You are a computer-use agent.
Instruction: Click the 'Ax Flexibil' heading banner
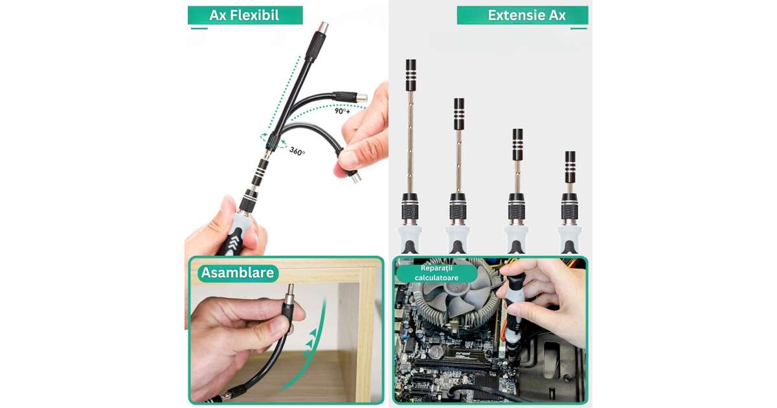[x=245, y=16]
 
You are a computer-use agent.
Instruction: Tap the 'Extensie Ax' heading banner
[x=523, y=16]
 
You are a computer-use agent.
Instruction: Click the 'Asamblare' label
[x=238, y=273]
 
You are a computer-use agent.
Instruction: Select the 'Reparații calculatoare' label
[x=436, y=273]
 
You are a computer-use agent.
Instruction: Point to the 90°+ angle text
[x=343, y=111]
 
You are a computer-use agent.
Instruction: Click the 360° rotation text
[x=297, y=152]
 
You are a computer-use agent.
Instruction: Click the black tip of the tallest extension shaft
[x=411, y=75]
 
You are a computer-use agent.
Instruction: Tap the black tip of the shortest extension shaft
[x=570, y=167]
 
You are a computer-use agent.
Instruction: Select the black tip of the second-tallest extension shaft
[x=459, y=114]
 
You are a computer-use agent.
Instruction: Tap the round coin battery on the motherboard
[x=436, y=352]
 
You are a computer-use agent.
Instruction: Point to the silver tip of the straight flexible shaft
[x=322, y=27]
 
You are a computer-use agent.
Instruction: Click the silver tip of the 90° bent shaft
[x=362, y=98]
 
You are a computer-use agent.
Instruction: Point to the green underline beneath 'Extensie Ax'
[x=579, y=28]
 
